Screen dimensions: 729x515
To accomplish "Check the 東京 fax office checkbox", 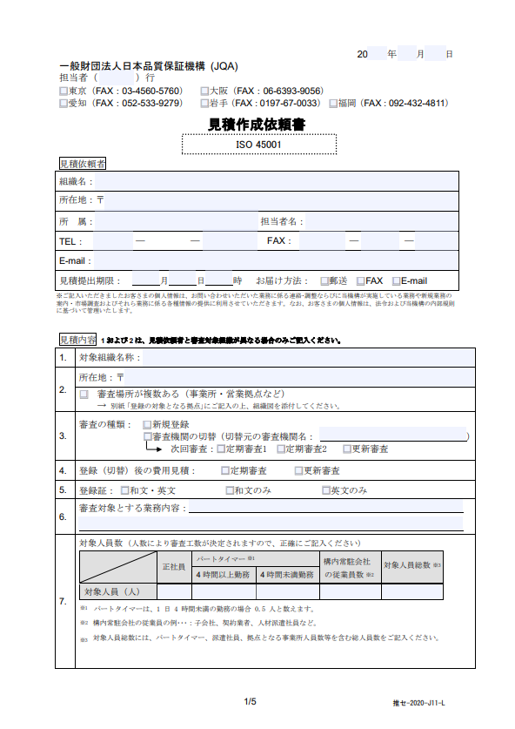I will pyautogui.click(x=64, y=91).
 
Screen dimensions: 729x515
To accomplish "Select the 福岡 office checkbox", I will pyautogui.click(x=334, y=104).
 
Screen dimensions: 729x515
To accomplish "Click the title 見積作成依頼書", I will pyautogui.click(x=257, y=125).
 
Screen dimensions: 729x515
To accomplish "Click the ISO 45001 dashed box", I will pyautogui.click(x=257, y=145).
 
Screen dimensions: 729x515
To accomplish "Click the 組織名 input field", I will pyautogui.click(x=274, y=181).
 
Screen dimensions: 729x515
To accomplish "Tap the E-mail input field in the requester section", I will pyautogui.click(x=274, y=260).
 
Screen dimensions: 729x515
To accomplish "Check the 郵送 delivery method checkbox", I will pyautogui.click(x=324, y=280).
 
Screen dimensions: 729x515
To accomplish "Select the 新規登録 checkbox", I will pyautogui.click(x=147, y=424).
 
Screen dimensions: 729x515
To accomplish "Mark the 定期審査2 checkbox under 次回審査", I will pyautogui.click(x=281, y=449).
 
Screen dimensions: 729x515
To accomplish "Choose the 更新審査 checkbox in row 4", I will pyautogui.click(x=297, y=470).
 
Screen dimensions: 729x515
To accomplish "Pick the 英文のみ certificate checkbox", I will pyautogui.click(x=325, y=490).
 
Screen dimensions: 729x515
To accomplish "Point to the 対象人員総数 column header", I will pyautogui.click(x=412, y=567).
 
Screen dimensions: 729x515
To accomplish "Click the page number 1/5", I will pyautogui.click(x=251, y=702).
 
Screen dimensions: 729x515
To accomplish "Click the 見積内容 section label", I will pyautogui.click(x=77, y=339).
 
